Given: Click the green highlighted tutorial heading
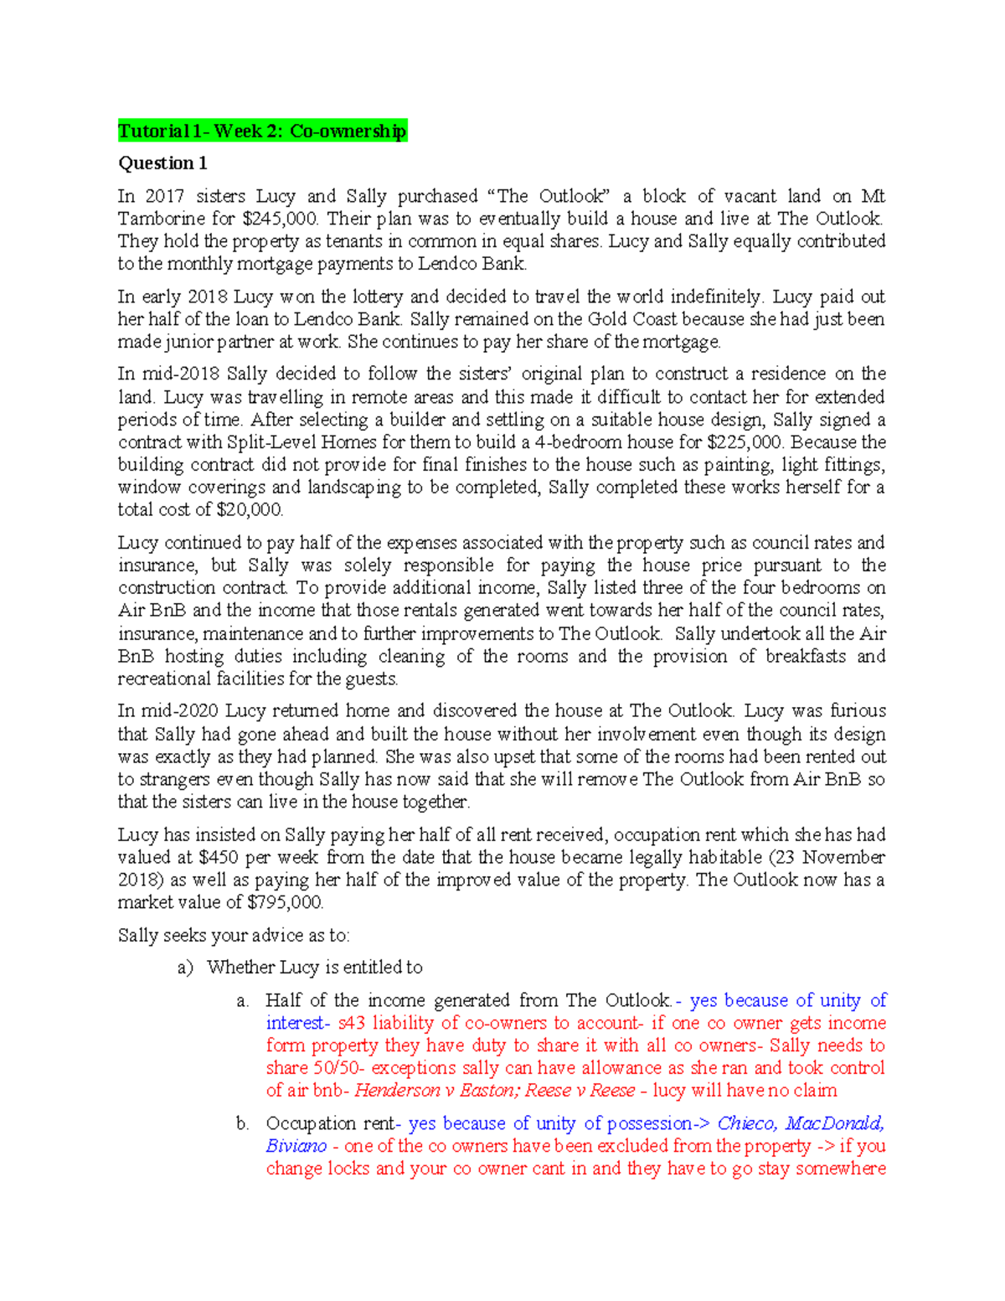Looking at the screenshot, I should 262,131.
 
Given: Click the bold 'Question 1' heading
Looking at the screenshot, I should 162,163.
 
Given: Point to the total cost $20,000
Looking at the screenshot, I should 250,509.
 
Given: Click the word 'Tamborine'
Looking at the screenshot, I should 157,219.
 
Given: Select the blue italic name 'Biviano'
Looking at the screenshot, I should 296,1146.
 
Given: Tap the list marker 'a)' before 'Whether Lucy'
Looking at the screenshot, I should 185,968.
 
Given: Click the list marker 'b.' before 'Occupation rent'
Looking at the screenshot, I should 243,1123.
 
